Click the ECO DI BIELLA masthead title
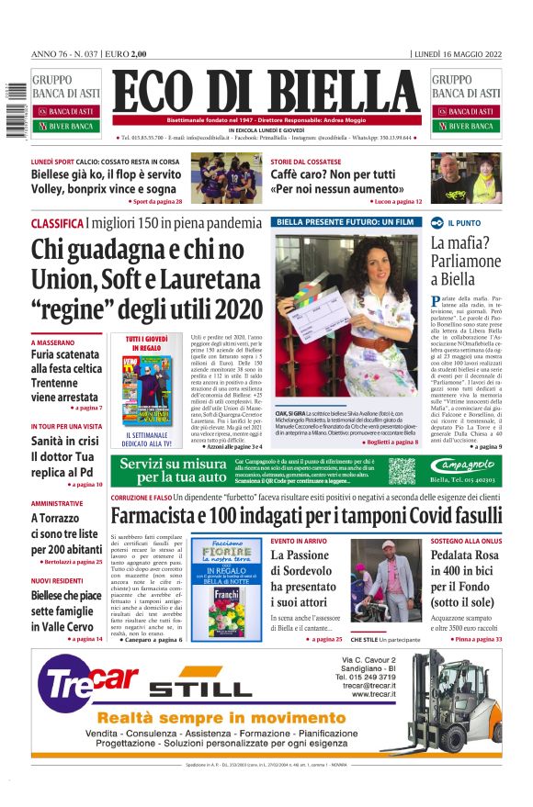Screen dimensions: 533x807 [x=266, y=93]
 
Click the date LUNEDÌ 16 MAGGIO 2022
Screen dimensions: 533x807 [x=458, y=54]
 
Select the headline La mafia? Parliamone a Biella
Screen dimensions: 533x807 [x=466, y=261]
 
